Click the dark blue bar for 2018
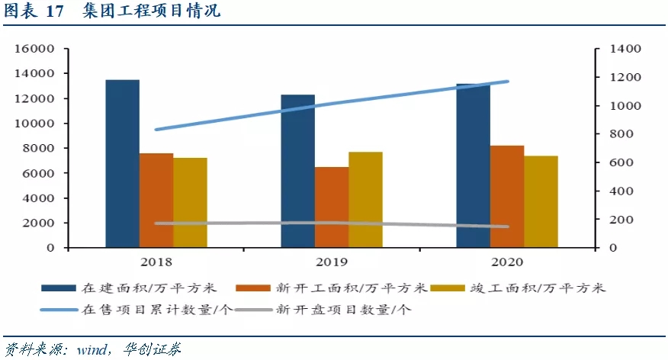tap(122, 163)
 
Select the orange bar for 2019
tap(332, 207)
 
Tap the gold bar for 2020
tap(541, 201)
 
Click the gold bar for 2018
tap(190, 202)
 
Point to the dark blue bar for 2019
tap(297, 171)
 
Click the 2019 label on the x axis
tap(331, 262)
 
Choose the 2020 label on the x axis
tap(506, 262)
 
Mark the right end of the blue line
tap(507, 82)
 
